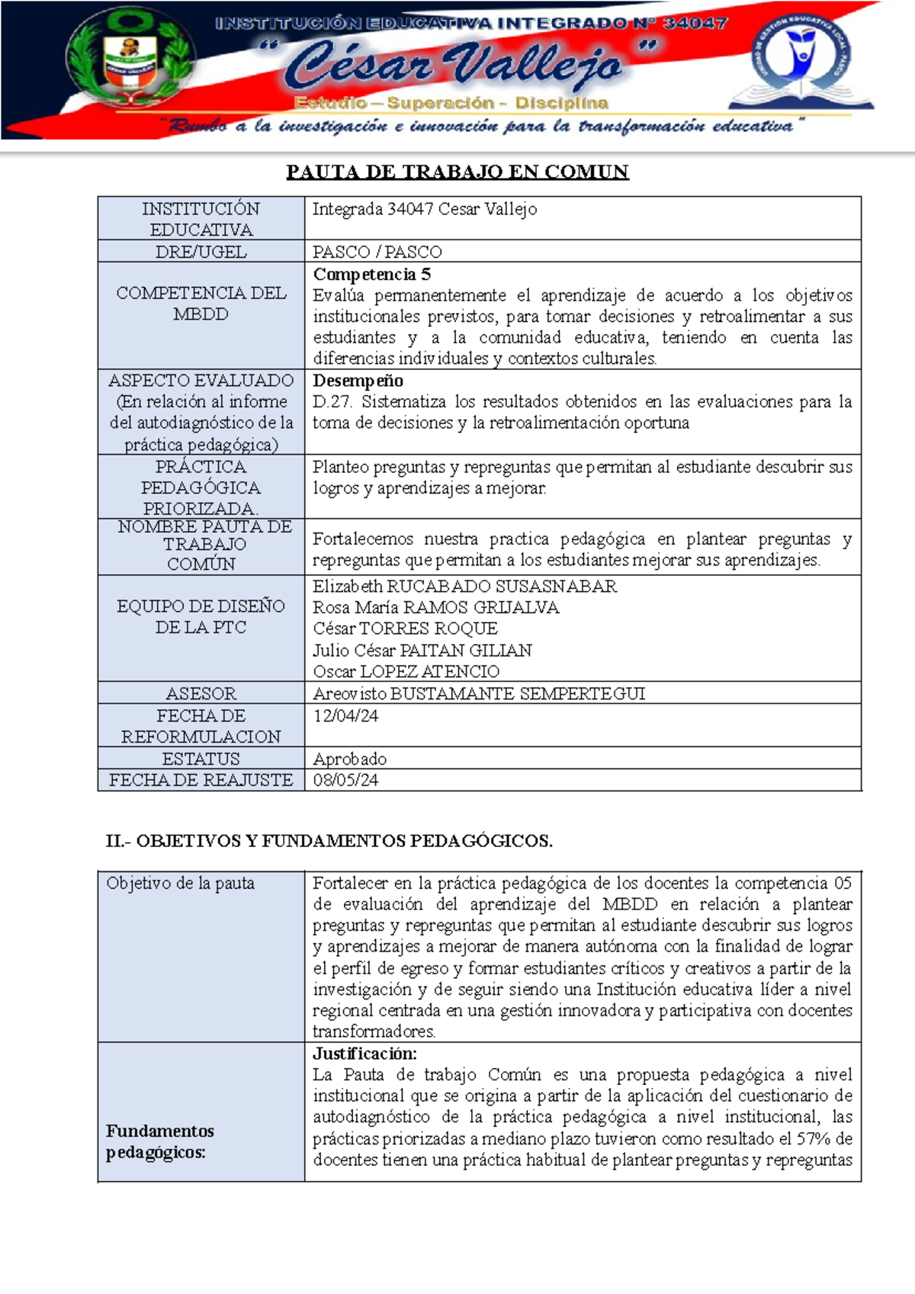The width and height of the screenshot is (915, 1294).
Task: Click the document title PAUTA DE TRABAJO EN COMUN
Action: [457, 172]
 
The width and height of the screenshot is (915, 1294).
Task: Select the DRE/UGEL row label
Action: [201, 252]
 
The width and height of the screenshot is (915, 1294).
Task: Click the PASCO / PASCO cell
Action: [377, 252]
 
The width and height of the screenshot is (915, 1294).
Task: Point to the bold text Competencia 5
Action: [371, 274]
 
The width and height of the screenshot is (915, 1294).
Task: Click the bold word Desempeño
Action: [358, 380]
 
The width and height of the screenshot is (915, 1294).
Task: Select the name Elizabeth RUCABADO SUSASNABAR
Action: [464, 586]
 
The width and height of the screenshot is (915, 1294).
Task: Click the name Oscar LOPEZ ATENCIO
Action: [406, 671]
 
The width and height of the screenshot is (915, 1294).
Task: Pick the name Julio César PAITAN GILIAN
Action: [422, 650]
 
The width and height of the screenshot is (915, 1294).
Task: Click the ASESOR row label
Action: [201, 694]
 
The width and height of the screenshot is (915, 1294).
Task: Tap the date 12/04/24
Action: [345, 716]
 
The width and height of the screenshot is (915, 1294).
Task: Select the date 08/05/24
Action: [345, 780]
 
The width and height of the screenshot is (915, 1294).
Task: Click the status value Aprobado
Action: [349, 759]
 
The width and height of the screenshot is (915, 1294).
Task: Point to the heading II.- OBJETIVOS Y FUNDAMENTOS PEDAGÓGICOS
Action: [329, 841]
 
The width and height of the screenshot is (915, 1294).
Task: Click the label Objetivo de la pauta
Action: [180, 883]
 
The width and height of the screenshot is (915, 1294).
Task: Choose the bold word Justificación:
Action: [364, 1054]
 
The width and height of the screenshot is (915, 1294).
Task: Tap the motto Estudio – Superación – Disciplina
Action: [451, 103]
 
